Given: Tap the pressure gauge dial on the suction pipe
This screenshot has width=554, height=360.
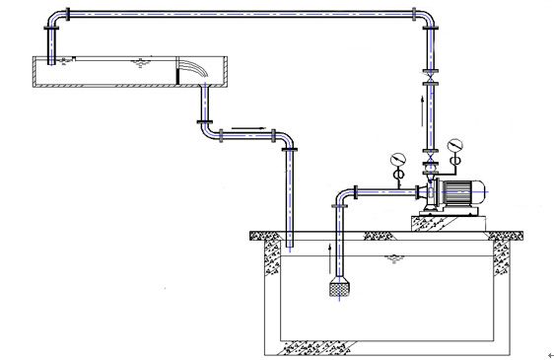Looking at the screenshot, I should point(396,158).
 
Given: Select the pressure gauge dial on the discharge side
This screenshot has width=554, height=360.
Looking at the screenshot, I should point(453,147).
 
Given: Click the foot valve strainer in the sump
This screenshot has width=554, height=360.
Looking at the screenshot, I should point(336,288).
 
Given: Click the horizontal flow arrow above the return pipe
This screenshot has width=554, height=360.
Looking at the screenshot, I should point(258,126).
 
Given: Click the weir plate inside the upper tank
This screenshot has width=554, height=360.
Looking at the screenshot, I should point(178,74).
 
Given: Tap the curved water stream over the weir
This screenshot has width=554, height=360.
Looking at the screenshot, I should point(195,69).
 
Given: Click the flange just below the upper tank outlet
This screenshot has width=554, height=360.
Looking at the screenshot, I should point(205,122).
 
